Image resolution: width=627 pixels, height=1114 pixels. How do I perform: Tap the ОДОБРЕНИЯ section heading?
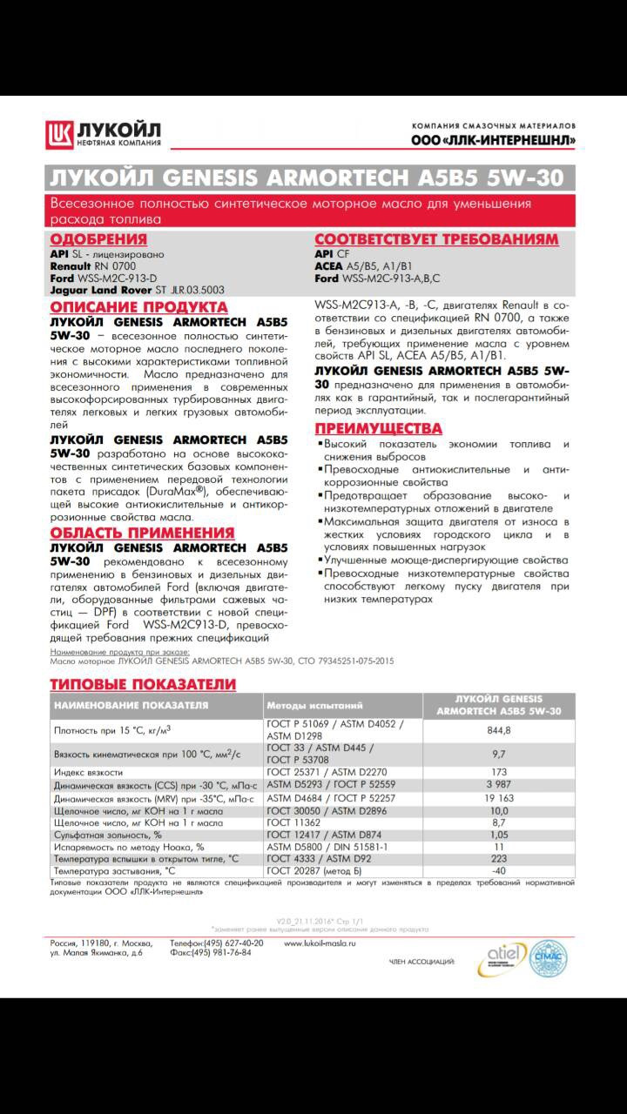(x=98, y=239)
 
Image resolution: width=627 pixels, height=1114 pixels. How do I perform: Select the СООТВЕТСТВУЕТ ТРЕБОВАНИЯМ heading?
(x=436, y=239)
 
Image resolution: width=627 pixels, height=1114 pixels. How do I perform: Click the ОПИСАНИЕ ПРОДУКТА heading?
(x=138, y=307)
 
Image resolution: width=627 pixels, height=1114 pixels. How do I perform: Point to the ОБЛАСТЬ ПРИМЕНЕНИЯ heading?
(x=142, y=533)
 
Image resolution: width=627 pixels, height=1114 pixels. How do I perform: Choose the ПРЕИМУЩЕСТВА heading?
(x=378, y=428)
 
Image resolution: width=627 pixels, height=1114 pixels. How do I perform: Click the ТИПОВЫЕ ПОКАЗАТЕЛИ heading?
(x=143, y=683)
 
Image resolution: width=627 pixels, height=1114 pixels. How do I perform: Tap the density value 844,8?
(x=498, y=730)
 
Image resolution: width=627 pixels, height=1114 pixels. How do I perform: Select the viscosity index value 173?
(x=498, y=772)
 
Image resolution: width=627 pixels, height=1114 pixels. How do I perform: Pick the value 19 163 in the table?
(x=498, y=797)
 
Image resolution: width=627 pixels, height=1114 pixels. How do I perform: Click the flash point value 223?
(x=498, y=858)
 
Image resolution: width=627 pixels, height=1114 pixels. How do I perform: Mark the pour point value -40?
(x=498, y=870)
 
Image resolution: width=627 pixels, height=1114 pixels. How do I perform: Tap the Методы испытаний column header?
(x=314, y=705)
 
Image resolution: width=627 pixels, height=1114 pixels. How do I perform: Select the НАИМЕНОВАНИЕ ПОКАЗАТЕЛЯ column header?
(x=131, y=705)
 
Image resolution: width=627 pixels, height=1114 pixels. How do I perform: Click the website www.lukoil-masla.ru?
(x=320, y=943)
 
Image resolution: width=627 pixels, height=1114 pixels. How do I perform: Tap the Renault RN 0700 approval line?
(x=93, y=265)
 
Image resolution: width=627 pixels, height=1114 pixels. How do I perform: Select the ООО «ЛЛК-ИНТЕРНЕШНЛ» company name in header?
(x=493, y=140)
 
